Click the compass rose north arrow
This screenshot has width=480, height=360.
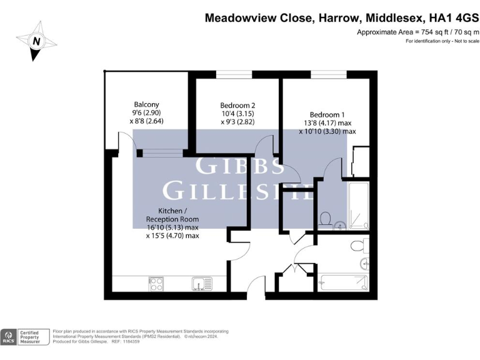(x=36, y=41)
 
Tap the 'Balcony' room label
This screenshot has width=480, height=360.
(x=147, y=104)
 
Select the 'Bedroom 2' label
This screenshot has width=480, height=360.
(x=237, y=106)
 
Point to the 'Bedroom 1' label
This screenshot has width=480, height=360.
(x=327, y=114)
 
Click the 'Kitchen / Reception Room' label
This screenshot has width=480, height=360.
(x=172, y=215)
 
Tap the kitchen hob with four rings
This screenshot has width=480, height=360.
(x=156, y=284)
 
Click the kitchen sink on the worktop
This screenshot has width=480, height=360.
(x=201, y=284)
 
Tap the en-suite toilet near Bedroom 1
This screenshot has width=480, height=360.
(x=324, y=219)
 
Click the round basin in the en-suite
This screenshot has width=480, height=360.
(x=339, y=224)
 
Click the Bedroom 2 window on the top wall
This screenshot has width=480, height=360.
(x=234, y=74)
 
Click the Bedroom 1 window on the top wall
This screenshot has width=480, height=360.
(x=324, y=74)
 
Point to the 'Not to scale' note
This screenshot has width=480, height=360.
(x=465, y=41)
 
